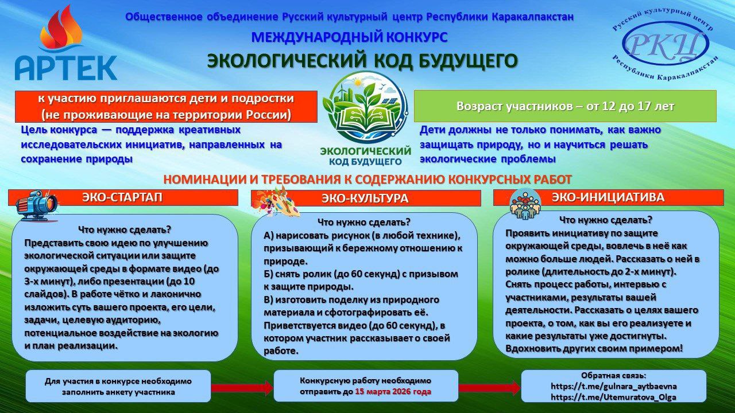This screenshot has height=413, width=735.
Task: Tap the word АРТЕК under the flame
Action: tap(66, 68)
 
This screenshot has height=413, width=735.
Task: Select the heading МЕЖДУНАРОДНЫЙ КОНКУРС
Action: tap(350, 37)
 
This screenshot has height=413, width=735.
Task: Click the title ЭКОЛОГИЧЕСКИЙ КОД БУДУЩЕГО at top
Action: tap(362, 61)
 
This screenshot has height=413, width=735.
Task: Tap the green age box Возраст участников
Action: tap(565, 106)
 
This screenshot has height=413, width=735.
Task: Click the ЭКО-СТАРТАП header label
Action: tap(122, 197)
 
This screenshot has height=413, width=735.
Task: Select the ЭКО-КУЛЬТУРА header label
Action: tap(365, 198)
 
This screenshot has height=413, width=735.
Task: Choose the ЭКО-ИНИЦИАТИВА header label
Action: tap(608, 197)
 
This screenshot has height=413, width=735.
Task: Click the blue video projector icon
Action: tap(37, 206)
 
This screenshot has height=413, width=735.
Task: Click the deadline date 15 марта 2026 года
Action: tap(393, 392)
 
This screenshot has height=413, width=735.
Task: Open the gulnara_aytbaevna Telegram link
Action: tap(614, 386)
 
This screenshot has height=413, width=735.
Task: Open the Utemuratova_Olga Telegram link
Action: tap(614, 398)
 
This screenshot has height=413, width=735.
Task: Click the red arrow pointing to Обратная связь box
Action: tap(489, 388)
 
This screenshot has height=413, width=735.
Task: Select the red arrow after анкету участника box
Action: tap(242, 388)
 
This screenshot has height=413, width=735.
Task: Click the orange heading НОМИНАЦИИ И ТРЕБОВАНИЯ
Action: tap(367, 180)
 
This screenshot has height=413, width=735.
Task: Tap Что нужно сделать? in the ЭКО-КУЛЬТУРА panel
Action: tap(364, 222)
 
